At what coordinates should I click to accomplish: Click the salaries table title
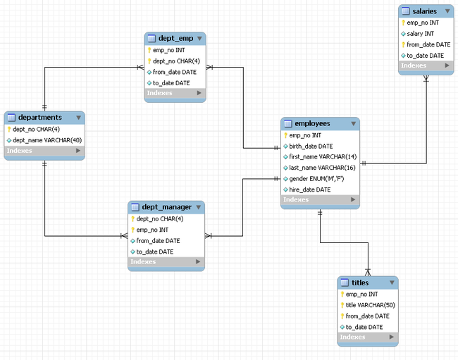[424, 11]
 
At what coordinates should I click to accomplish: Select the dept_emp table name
[175, 39]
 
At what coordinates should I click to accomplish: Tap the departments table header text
[40, 118]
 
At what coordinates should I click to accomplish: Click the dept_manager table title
[166, 207]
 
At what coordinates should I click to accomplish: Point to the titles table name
[360, 283]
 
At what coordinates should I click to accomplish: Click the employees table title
[312, 123]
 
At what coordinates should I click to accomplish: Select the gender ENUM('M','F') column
[316, 179]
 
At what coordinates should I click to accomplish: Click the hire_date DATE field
[309, 190]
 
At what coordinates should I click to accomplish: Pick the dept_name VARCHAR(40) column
[47, 140]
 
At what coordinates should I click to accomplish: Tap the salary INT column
[420, 34]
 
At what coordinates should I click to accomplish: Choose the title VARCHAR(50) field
[370, 305]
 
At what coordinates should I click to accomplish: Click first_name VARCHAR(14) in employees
[323, 157]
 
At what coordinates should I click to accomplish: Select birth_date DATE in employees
[311, 147]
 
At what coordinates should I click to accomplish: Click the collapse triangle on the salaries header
[447, 11]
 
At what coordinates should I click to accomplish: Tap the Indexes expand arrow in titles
[391, 337]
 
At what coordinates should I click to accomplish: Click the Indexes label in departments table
[19, 151]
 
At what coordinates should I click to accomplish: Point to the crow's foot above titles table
[368, 273]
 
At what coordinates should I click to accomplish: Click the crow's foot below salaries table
[426, 78]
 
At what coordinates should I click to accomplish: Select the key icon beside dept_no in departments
[9, 130]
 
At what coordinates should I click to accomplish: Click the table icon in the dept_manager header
[135, 207]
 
